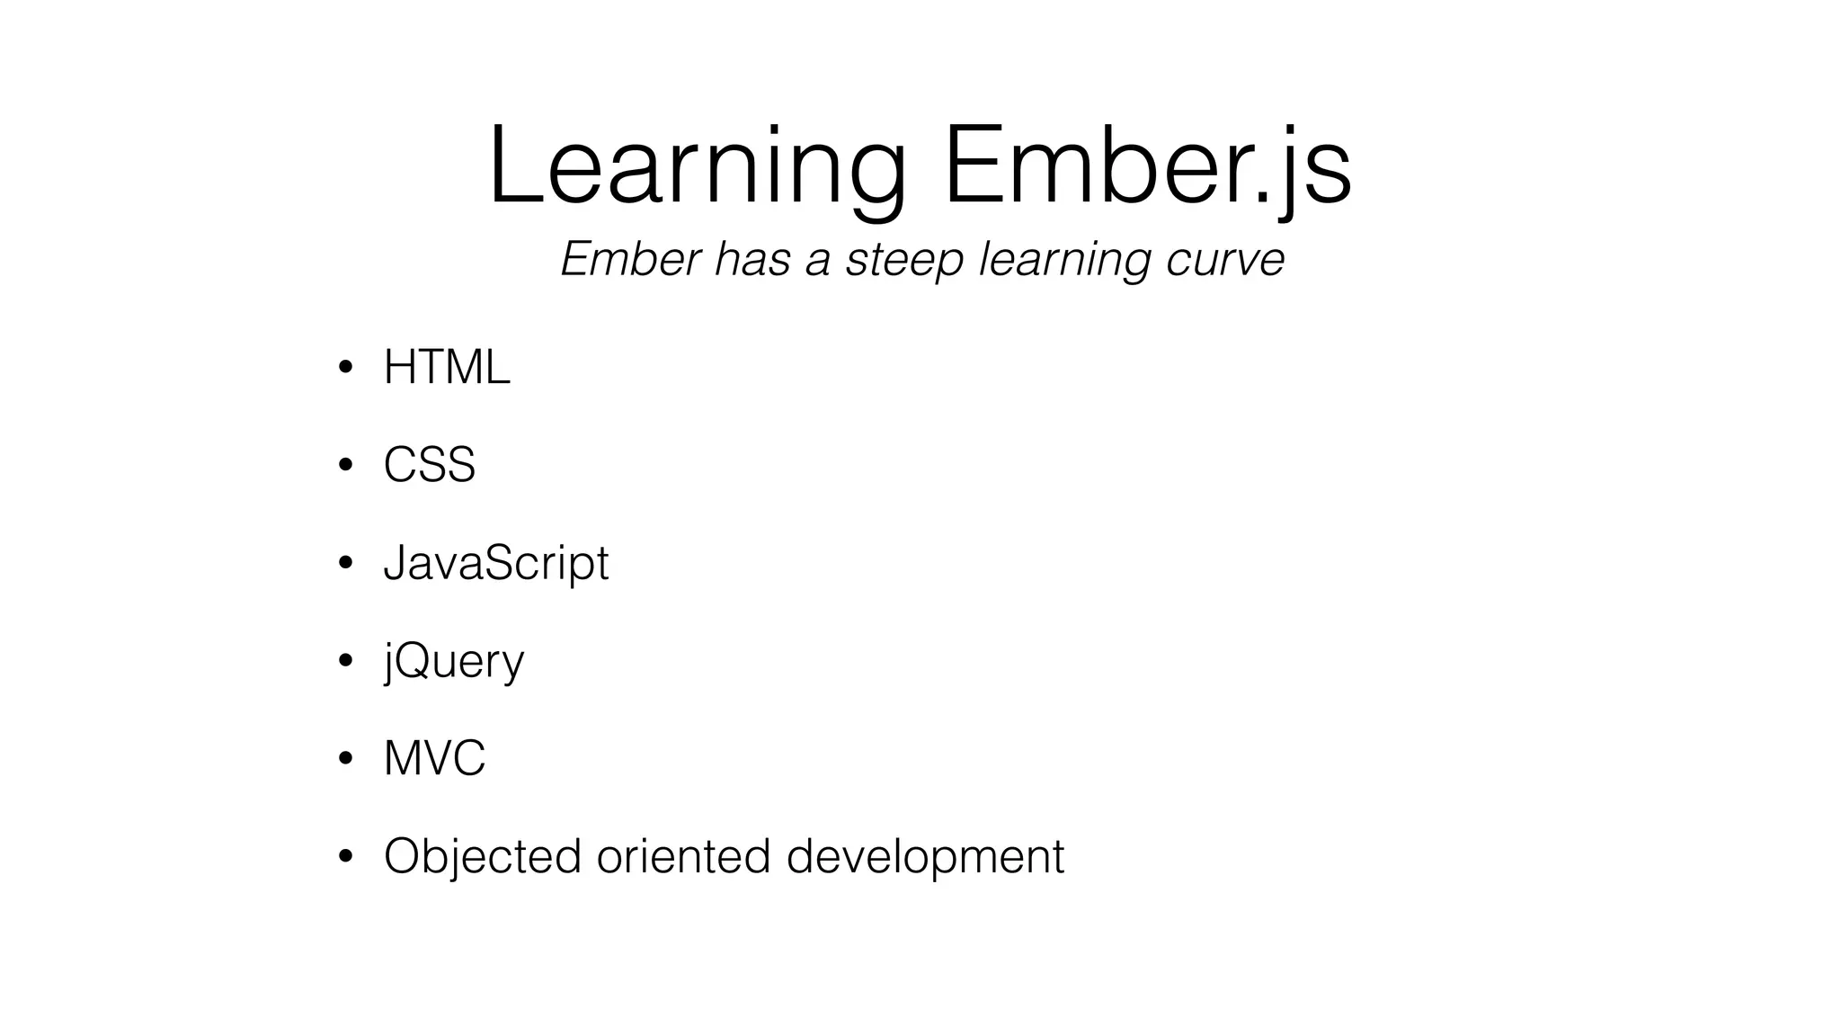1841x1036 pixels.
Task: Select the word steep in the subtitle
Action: [x=904, y=259]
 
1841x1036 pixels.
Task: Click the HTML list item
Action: [x=447, y=367]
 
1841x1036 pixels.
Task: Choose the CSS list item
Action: [x=429, y=465]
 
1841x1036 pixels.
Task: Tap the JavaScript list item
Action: [x=495, y=563]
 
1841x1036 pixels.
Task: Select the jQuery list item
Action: [x=453, y=661]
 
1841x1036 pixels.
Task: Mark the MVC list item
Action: [x=434, y=758]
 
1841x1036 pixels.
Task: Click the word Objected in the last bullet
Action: [x=482, y=855]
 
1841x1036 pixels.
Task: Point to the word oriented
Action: [x=683, y=855]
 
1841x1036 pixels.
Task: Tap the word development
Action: [x=925, y=855]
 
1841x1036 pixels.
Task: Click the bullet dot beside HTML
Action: [x=345, y=368]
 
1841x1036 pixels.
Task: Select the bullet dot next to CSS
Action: [x=345, y=466]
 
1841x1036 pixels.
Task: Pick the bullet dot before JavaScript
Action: [x=345, y=564]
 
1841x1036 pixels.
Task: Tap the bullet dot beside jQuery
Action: [x=345, y=661]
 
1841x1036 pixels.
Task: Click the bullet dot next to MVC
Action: [x=345, y=759]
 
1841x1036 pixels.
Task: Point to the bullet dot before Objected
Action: [x=345, y=856]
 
